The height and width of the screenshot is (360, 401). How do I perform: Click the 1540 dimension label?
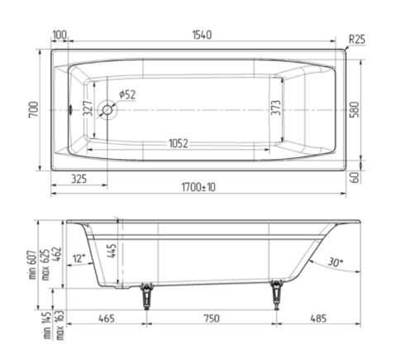point(202,35)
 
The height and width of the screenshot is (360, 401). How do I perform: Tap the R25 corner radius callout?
point(356,40)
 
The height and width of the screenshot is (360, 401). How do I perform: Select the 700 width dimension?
point(34,110)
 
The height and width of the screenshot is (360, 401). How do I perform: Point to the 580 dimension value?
point(355,109)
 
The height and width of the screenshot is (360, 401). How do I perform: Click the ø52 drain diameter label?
point(127,94)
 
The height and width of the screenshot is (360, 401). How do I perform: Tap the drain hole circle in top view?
point(107,110)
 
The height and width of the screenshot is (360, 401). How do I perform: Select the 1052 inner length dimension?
point(179,143)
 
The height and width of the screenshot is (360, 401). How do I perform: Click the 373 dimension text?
point(276,108)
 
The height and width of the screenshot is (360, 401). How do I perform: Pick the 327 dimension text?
point(88,108)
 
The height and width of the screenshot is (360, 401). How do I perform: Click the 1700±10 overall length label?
point(198,187)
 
